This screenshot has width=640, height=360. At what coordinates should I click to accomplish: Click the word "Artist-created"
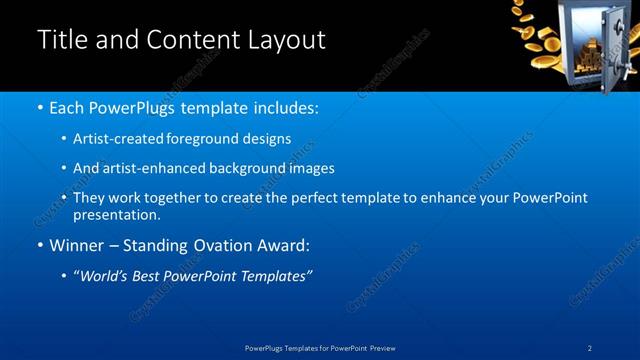[x=118, y=138]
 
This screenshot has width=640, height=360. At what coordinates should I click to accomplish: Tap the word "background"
[x=241, y=168]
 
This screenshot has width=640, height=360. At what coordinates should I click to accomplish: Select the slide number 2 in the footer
[x=591, y=348]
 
